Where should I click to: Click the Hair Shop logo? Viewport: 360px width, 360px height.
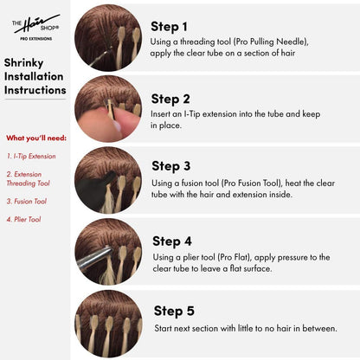[x=35, y=28]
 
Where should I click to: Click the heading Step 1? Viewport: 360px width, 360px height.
[x=169, y=27]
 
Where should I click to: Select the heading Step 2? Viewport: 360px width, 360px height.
[x=170, y=100]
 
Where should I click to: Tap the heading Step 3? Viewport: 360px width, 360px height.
[x=171, y=166]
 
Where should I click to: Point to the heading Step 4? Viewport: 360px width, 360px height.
[x=172, y=241]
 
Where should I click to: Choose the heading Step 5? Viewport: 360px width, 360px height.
[x=174, y=311]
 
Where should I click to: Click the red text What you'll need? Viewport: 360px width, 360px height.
[x=36, y=138]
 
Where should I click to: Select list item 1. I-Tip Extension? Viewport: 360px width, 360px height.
[x=31, y=157]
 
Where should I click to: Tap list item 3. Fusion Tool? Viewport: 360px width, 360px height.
[x=27, y=202]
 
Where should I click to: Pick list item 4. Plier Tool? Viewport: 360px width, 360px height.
[x=23, y=219]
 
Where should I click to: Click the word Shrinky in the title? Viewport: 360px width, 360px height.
[x=23, y=63]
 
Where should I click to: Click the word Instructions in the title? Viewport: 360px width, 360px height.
[x=35, y=90]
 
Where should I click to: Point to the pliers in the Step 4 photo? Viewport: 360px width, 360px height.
[x=94, y=257]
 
